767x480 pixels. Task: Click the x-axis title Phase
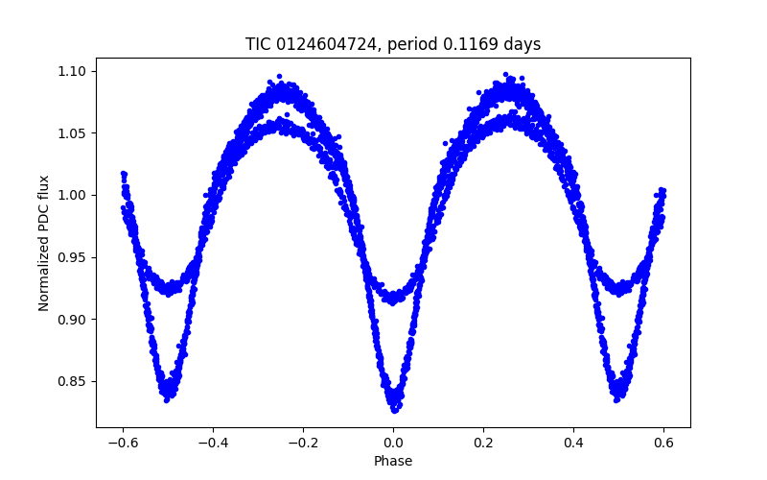[x=393, y=462]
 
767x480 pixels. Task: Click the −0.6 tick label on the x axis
[x=123, y=443]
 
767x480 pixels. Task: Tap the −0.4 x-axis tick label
[x=213, y=443]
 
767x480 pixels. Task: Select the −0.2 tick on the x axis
[x=303, y=443]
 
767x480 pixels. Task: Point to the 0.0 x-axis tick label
[x=393, y=443]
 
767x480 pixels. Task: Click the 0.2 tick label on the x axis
[x=483, y=443]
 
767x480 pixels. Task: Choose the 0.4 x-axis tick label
[x=573, y=443]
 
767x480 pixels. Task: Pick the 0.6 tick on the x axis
[x=663, y=443]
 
